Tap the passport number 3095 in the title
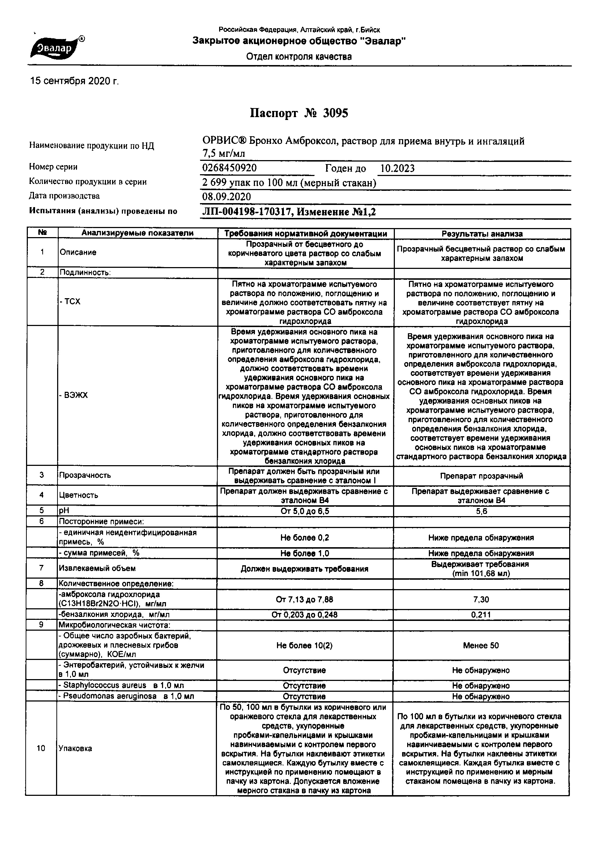tap(335, 113)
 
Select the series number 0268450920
tap(230, 168)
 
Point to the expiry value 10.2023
tap(397, 168)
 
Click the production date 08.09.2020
tap(226, 197)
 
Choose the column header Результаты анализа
tap(482, 234)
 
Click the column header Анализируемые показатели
tap(137, 233)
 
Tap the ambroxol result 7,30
tap(481, 600)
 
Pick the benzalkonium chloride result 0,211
tap(481, 615)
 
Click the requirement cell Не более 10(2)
tap(304, 645)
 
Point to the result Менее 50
tap(481, 645)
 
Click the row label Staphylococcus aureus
tap(121, 685)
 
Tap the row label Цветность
tap(79, 496)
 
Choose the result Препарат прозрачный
tap(481, 476)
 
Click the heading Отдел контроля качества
tap(299, 57)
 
